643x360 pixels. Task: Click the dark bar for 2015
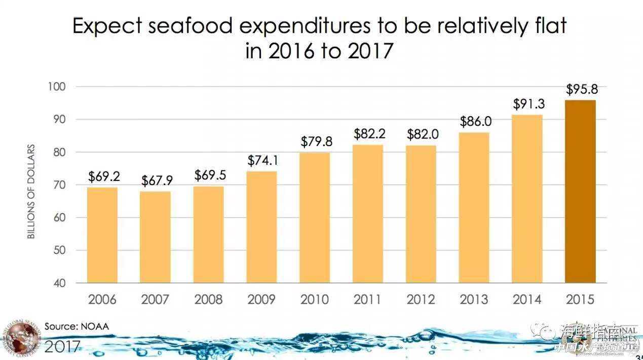click(x=580, y=191)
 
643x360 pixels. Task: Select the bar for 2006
click(x=102, y=235)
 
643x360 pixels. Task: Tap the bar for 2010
click(x=315, y=218)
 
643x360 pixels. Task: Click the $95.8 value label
click(x=581, y=90)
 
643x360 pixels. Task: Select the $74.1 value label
click(x=262, y=161)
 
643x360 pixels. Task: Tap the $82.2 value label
click(x=368, y=134)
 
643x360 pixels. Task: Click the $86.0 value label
click(x=474, y=122)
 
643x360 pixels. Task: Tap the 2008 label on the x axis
click(x=208, y=299)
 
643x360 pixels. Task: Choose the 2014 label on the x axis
click(x=527, y=299)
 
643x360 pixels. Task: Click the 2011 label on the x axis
click(x=368, y=299)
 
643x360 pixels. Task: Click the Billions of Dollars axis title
click(x=31, y=192)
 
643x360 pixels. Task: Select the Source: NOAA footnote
click(x=77, y=326)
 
